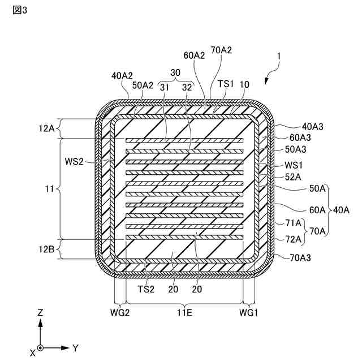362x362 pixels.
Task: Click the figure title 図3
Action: (19, 11)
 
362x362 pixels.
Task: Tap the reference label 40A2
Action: (122, 75)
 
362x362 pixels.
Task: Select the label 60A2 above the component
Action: (194, 55)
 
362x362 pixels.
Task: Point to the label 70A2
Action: (221, 50)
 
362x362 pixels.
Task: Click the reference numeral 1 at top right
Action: (278, 57)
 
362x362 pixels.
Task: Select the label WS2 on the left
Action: (89, 162)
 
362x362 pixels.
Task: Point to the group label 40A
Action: (342, 210)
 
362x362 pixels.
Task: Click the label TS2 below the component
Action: (146, 288)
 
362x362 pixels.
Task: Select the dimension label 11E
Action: (184, 313)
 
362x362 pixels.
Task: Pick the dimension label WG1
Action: (248, 313)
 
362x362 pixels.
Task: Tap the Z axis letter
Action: (40, 312)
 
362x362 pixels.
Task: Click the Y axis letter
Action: (75, 347)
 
